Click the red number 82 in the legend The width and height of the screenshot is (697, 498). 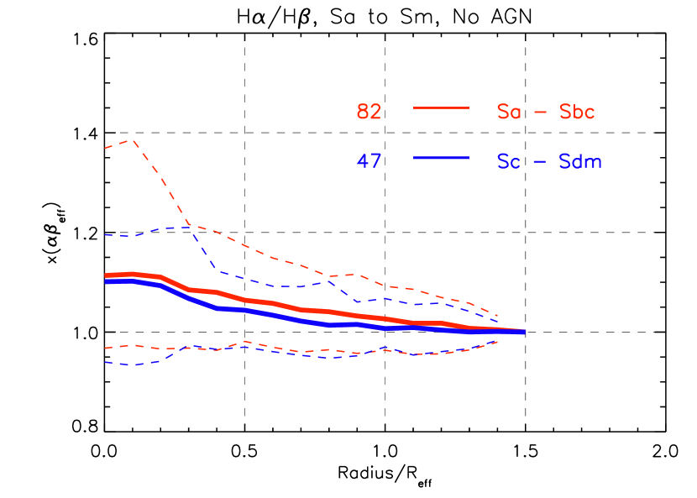point(369,112)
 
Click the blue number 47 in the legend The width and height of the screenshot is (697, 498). point(369,161)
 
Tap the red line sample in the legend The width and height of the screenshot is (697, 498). point(441,107)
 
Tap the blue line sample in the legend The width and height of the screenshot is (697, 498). point(441,157)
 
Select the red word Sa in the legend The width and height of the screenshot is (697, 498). point(509,112)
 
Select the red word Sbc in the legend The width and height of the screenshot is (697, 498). point(577,112)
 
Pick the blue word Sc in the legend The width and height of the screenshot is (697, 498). point(509,161)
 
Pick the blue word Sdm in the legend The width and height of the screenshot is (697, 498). point(580,161)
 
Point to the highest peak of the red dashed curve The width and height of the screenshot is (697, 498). point(133,140)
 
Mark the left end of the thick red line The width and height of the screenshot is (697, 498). point(106,275)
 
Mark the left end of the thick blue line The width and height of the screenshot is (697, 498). point(106,281)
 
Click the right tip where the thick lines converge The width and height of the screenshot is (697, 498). point(524,333)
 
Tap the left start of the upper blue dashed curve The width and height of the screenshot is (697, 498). point(106,235)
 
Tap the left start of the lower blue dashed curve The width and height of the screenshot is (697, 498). point(106,362)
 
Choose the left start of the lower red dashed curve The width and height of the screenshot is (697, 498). point(106,347)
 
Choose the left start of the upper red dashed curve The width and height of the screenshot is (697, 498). point(106,148)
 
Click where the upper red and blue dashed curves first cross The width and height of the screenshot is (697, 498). point(191,226)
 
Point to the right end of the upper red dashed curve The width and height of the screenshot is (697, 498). point(498,317)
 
